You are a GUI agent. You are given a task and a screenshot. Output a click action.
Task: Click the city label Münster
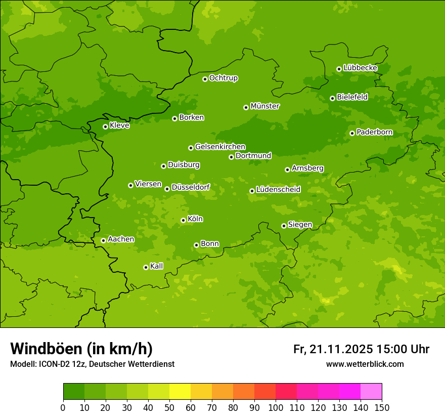[x=264, y=106]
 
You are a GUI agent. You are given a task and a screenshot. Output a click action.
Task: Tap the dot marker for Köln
[x=183, y=220]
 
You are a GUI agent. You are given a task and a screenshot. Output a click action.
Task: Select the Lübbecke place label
[x=360, y=68]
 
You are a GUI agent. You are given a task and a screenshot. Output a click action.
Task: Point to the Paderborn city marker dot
[x=352, y=133]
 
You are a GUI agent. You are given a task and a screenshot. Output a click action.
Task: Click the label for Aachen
[x=121, y=239]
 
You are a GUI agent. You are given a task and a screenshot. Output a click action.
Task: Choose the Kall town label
[x=156, y=266]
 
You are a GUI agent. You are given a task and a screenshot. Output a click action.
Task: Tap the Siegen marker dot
[x=284, y=226]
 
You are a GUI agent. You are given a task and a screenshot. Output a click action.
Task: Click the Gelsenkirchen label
[x=220, y=147]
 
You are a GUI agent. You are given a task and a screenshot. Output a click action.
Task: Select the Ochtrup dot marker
[x=205, y=78]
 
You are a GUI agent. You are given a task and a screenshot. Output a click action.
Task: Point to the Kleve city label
[x=119, y=125]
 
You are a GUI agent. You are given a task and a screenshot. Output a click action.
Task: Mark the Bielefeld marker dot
[x=332, y=98]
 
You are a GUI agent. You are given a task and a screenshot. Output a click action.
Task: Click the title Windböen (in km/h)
[x=81, y=349]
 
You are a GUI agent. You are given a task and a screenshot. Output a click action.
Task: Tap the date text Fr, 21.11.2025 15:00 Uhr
[x=361, y=349]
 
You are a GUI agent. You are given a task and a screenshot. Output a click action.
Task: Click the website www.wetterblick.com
[x=365, y=364]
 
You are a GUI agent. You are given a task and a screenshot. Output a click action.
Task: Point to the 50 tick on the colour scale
[x=169, y=407]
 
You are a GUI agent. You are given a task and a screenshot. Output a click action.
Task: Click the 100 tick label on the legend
[x=276, y=407]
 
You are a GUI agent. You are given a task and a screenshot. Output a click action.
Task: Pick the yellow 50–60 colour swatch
[x=180, y=392]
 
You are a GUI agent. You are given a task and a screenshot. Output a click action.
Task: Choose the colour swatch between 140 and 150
[x=371, y=392]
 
